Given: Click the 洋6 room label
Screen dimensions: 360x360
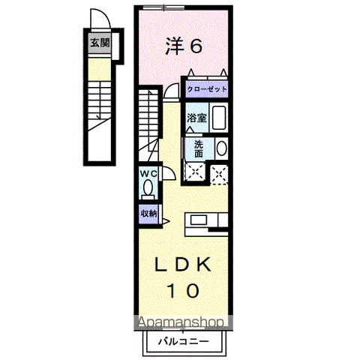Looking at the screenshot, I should (x=184, y=46).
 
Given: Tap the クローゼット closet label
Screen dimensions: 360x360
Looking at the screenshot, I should (x=207, y=88).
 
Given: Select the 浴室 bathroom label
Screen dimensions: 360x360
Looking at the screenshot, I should (x=196, y=118).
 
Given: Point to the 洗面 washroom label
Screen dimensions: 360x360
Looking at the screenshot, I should (x=198, y=148).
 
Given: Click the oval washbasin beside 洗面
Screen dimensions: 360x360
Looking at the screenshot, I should (x=221, y=148).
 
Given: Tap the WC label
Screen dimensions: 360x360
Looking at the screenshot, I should (x=147, y=174).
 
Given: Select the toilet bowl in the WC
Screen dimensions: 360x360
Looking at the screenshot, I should (x=148, y=187).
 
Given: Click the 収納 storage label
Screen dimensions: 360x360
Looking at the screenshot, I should (x=148, y=213).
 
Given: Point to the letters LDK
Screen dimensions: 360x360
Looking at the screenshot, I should (x=184, y=265).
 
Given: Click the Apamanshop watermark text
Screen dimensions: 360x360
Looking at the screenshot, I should (x=180, y=322).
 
